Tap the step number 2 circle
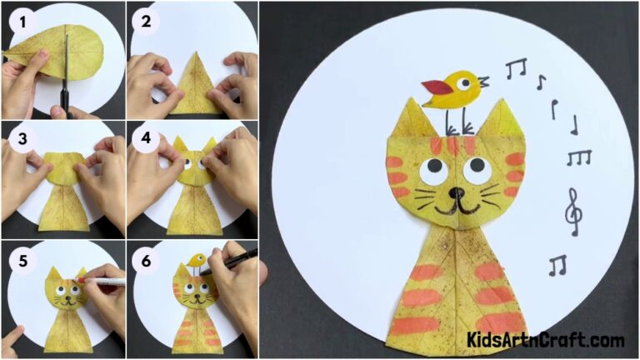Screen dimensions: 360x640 click(147, 21)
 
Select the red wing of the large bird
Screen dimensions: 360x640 click(434, 86)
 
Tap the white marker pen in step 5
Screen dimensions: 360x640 click(104, 282)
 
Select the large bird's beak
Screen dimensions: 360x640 click(481, 82)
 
